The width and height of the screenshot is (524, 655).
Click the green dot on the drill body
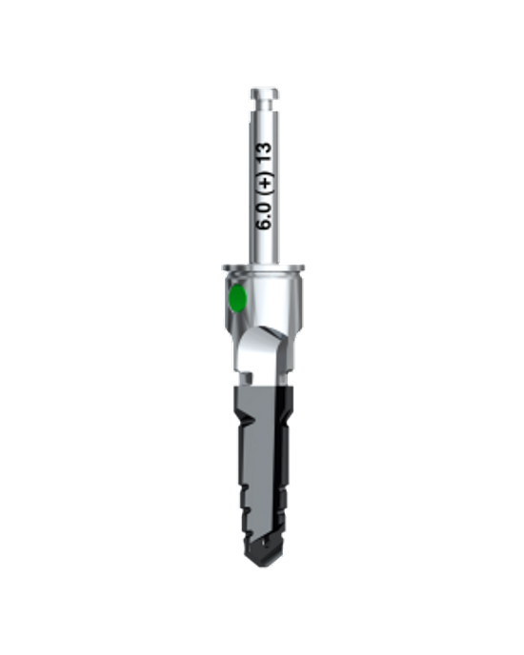pos(237,298)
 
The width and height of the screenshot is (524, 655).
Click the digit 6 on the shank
pos(264,224)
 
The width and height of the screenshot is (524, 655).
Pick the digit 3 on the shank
pos(264,149)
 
